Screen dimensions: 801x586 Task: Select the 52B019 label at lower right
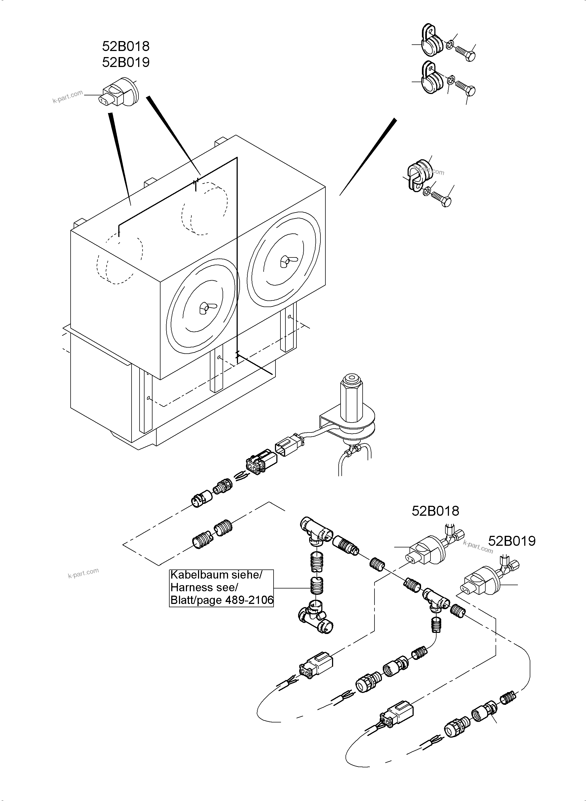pyautogui.click(x=512, y=541)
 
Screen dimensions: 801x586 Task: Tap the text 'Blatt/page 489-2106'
pyautogui.click(x=222, y=600)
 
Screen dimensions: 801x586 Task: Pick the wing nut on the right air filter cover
pyautogui.click(x=285, y=261)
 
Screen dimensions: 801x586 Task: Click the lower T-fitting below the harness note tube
pyautogui.click(x=316, y=619)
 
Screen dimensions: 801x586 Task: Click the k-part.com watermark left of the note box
pyautogui.click(x=83, y=573)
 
